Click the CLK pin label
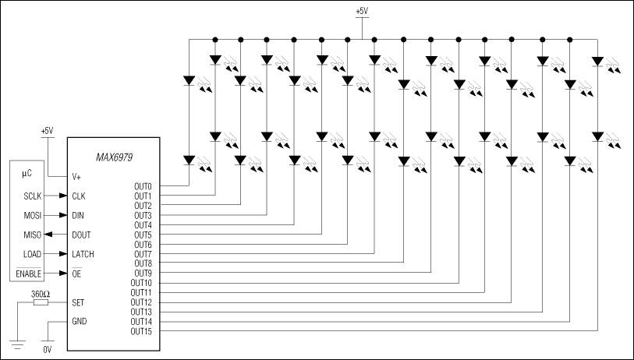pyautogui.click(x=78, y=196)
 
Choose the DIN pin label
pyautogui.click(x=78, y=215)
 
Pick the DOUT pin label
pyautogui.click(x=81, y=235)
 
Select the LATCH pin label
pyautogui.click(x=83, y=254)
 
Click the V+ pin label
pyautogui.click(x=76, y=176)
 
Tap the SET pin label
pyautogui.click(x=77, y=302)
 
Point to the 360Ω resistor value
pyautogui.click(x=41, y=294)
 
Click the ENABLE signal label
pyautogui.click(x=29, y=274)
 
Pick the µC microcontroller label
pyautogui.click(x=27, y=176)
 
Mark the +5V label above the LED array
pyautogui.click(x=362, y=12)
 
